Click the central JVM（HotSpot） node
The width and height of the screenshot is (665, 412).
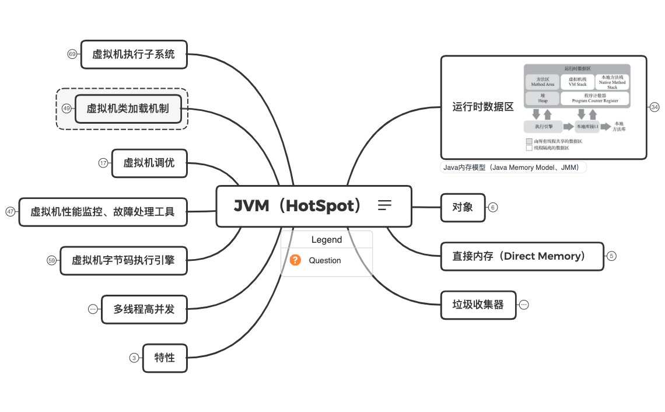click(x=297, y=206)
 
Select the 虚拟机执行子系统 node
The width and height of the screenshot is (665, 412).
click(x=134, y=54)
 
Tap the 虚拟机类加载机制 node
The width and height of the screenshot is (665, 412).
click(x=128, y=109)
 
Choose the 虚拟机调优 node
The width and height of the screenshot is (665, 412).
click(x=149, y=163)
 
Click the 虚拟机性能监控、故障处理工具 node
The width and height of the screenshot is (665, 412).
click(x=103, y=212)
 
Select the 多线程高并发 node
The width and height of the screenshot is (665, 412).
click(x=144, y=309)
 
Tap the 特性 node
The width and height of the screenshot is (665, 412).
click(x=164, y=358)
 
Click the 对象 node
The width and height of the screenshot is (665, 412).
click(x=463, y=207)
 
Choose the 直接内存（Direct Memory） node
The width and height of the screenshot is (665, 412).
click(x=521, y=256)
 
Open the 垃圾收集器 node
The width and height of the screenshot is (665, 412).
click(x=478, y=305)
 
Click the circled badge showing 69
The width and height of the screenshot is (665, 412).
click(x=72, y=54)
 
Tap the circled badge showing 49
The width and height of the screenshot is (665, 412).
click(x=66, y=109)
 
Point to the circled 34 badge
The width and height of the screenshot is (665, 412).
click(x=654, y=107)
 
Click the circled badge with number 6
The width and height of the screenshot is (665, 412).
click(x=493, y=207)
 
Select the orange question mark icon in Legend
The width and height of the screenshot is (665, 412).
click(x=296, y=260)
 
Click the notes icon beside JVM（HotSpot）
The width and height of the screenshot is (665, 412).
click(x=384, y=205)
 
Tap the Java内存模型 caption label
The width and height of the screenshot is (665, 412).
click(x=513, y=167)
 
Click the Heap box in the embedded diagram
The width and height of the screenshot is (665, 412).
click(x=542, y=98)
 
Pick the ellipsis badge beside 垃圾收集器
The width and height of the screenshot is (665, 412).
click(x=524, y=305)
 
